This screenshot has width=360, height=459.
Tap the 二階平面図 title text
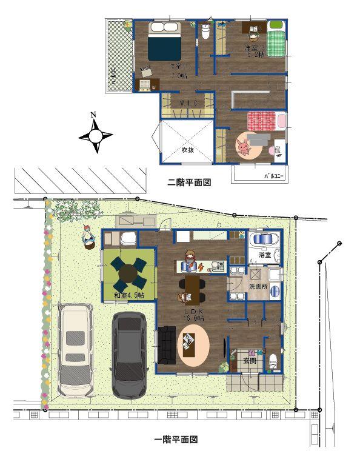(x=189, y=182)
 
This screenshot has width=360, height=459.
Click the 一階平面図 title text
(x=176, y=439)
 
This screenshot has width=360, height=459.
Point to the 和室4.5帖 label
(x=129, y=295)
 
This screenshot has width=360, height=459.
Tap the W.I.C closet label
(x=188, y=103)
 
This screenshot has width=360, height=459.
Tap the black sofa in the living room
(x=167, y=345)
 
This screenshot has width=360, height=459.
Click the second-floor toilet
(x=204, y=32)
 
